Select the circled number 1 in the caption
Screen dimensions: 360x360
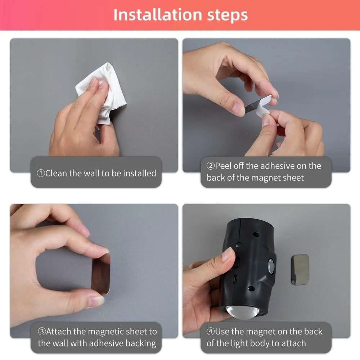tap(41, 173)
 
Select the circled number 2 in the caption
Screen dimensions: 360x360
tap(211, 166)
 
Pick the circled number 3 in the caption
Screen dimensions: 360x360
tap(42, 332)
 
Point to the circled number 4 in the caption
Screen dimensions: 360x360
tap(211, 332)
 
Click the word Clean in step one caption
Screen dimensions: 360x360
tap(56, 173)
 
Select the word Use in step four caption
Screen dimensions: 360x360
tap(222, 332)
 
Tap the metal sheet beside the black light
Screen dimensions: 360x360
tap(300, 270)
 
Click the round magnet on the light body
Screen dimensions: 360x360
tap(271, 266)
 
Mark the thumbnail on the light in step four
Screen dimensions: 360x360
tap(228, 255)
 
